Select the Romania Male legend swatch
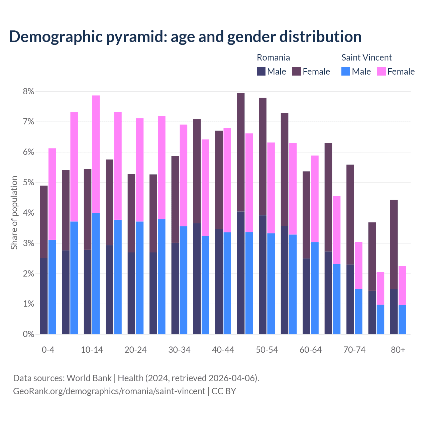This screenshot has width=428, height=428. (261, 71)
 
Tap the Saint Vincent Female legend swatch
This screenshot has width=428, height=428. (381, 71)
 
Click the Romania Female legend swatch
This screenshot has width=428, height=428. (297, 71)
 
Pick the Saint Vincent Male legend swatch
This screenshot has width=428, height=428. (346, 71)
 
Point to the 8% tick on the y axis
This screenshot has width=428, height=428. (28, 91)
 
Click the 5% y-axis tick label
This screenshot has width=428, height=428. (28, 183)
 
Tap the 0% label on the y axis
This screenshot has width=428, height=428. (28, 334)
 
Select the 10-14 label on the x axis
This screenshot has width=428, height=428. (92, 350)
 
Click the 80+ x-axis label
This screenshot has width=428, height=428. (398, 350)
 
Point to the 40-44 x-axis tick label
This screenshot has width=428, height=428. (223, 350)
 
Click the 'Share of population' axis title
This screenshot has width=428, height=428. (14, 213)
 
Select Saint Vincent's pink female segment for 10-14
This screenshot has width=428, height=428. (96, 154)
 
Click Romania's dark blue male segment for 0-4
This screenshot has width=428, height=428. (44, 296)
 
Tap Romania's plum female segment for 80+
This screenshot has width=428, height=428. (394, 244)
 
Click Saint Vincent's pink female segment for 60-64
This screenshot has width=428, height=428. (315, 199)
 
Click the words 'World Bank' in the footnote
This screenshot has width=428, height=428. (89, 378)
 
